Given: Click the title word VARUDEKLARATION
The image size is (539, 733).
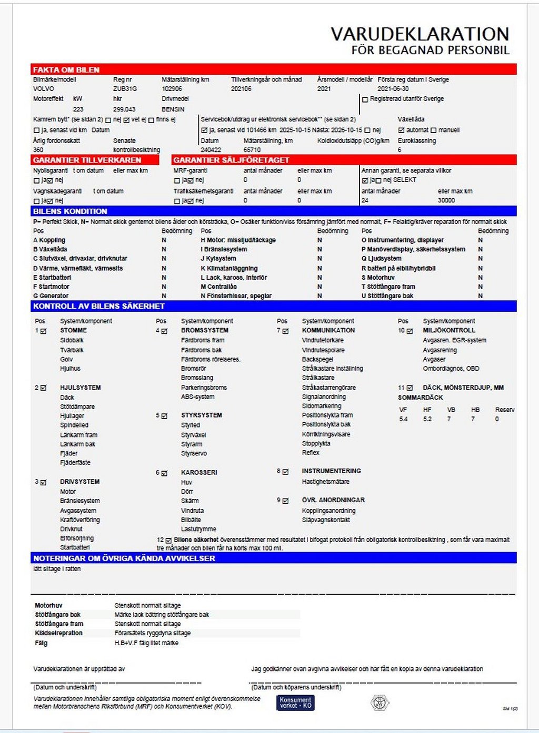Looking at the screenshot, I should [x=420, y=34].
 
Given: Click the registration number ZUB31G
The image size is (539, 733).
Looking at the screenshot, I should [x=125, y=89].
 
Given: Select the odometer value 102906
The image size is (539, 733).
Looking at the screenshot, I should [x=172, y=89].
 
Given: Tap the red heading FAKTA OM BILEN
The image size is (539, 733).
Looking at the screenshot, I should [x=66, y=69].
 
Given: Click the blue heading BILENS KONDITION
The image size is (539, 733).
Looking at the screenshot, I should [x=70, y=211].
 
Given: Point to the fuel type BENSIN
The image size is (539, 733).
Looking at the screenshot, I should [x=173, y=109].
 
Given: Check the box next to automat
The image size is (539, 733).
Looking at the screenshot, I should [x=401, y=130].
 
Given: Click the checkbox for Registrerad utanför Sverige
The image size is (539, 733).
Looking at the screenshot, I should [x=365, y=99].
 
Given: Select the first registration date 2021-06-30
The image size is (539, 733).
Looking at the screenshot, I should [x=393, y=89].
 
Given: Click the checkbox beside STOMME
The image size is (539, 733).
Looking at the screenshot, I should [x=43, y=331].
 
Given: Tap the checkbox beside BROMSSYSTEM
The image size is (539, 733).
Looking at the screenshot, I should [x=164, y=331].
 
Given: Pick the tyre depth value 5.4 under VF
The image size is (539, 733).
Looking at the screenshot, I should [x=403, y=419].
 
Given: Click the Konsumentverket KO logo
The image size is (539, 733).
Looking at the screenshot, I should [x=295, y=703].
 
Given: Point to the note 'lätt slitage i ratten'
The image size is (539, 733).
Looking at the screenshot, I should [x=57, y=569].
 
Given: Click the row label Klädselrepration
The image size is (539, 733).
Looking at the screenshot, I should [x=58, y=633].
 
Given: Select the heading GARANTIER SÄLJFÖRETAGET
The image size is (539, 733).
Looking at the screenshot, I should [x=231, y=160].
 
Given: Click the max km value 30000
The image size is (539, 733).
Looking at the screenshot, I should [x=446, y=200].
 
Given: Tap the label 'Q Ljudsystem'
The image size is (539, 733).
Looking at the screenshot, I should [x=381, y=259].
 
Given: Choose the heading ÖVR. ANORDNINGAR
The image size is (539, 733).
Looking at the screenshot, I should [x=333, y=500].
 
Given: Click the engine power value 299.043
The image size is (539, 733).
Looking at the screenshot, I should [x=124, y=109].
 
